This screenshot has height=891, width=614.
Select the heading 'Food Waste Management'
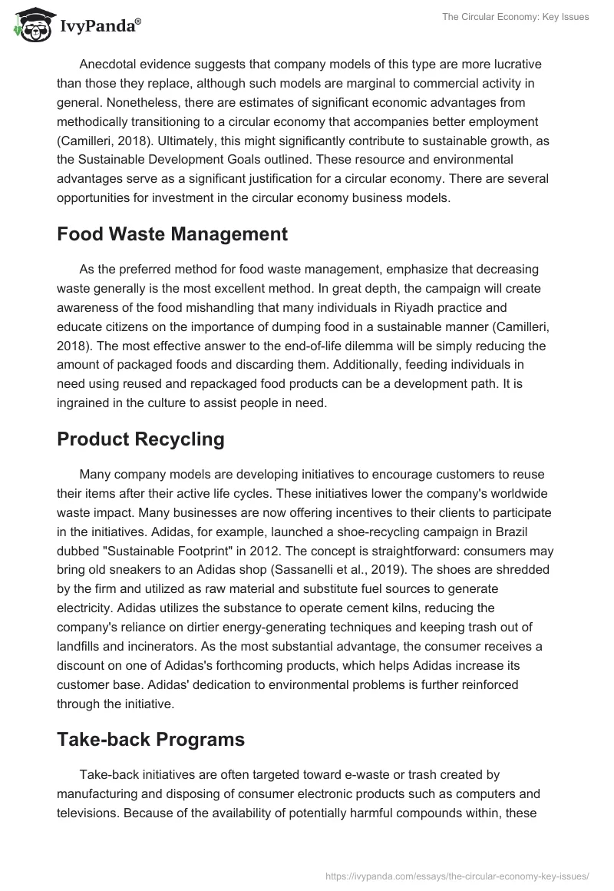pos(172,234)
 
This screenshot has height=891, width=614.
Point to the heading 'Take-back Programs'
pos(150,740)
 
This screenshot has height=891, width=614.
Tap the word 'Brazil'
pos(534,532)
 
